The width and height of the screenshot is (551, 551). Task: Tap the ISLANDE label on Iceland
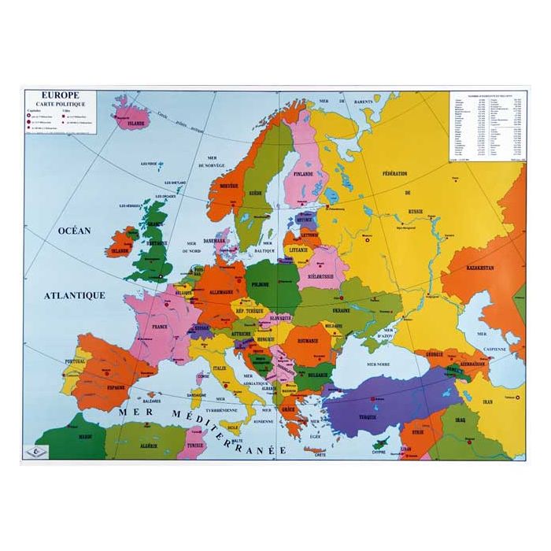coord(135,124)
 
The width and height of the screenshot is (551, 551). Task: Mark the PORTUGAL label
coord(75,362)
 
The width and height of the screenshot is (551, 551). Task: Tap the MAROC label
coord(72,435)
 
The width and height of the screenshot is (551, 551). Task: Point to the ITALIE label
coord(220,367)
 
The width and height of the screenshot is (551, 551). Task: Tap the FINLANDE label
coord(303,173)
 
